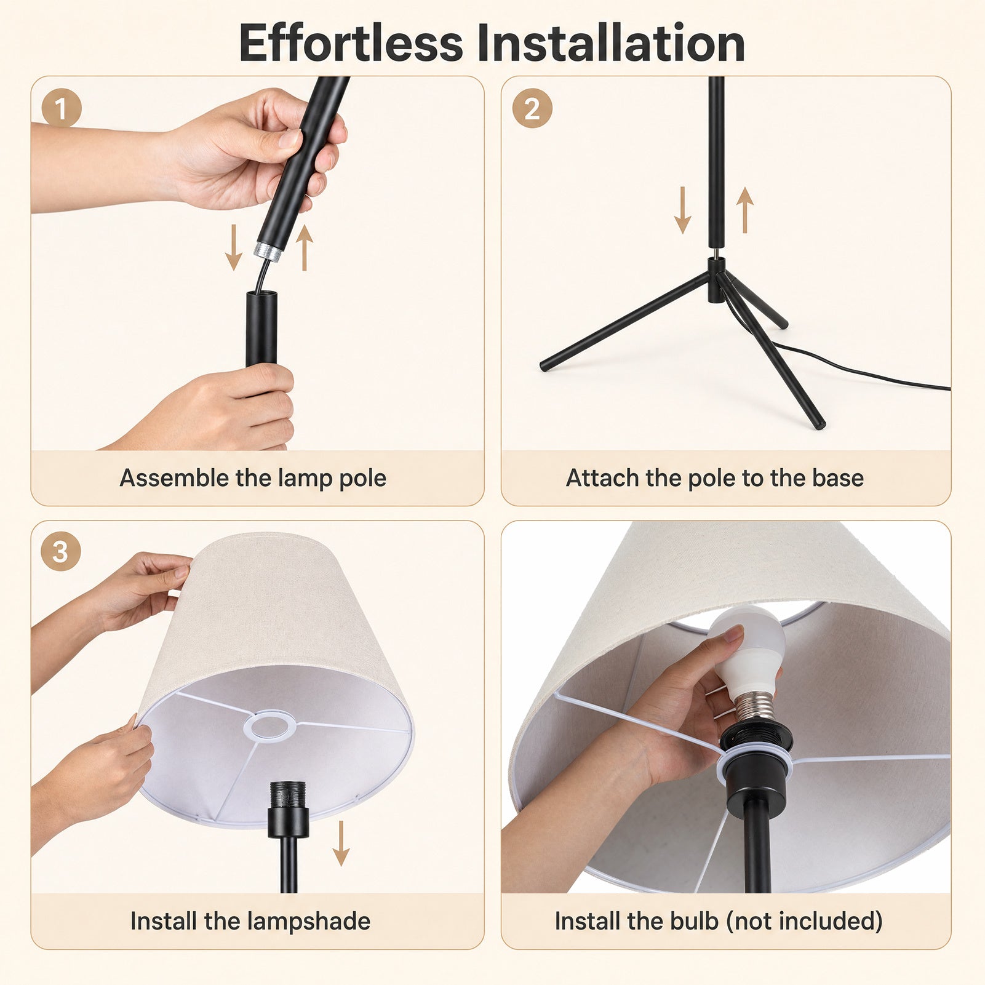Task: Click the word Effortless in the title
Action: point(351,43)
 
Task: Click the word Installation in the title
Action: point(611,43)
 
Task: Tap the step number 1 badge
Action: point(62,108)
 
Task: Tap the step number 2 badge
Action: point(532,108)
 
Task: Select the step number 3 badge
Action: point(60,551)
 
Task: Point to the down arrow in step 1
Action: point(233,247)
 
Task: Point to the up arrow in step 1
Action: point(304,247)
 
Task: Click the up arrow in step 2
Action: point(744,210)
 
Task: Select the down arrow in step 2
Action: point(682,210)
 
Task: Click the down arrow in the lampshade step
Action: point(341,843)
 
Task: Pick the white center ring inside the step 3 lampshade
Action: point(269,725)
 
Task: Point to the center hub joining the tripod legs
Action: point(716,280)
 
